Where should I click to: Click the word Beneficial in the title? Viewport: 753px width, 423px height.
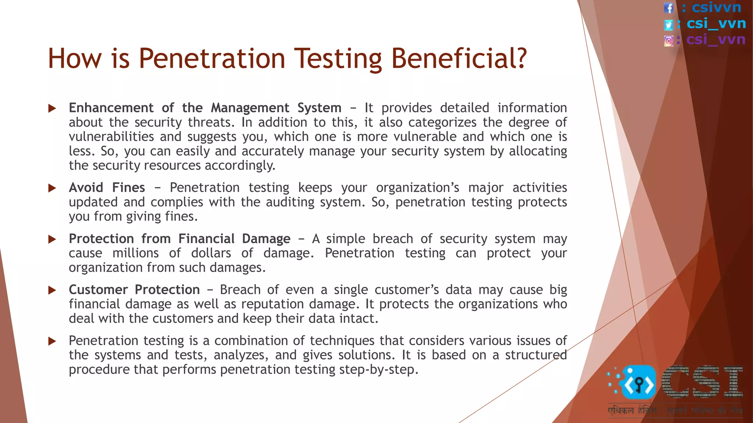click(x=458, y=59)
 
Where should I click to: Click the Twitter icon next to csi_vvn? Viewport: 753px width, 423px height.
click(x=669, y=25)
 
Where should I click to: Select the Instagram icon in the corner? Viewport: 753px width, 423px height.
click(x=669, y=40)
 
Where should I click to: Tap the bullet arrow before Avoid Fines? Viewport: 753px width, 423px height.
click(x=52, y=188)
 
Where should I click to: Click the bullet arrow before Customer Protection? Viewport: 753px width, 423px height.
click(x=52, y=290)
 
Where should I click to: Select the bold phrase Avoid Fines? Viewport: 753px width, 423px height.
click(x=107, y=188)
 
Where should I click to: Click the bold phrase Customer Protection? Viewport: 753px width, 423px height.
click(x=134, y=290)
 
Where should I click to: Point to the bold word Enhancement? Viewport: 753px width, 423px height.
click(x=111, y=108)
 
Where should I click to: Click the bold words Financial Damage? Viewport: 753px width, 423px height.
click(x=234, y=239)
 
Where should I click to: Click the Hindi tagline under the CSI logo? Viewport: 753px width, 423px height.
click(x=674, y=411)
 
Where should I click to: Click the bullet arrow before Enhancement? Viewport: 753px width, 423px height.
click(x=52, y=108)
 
